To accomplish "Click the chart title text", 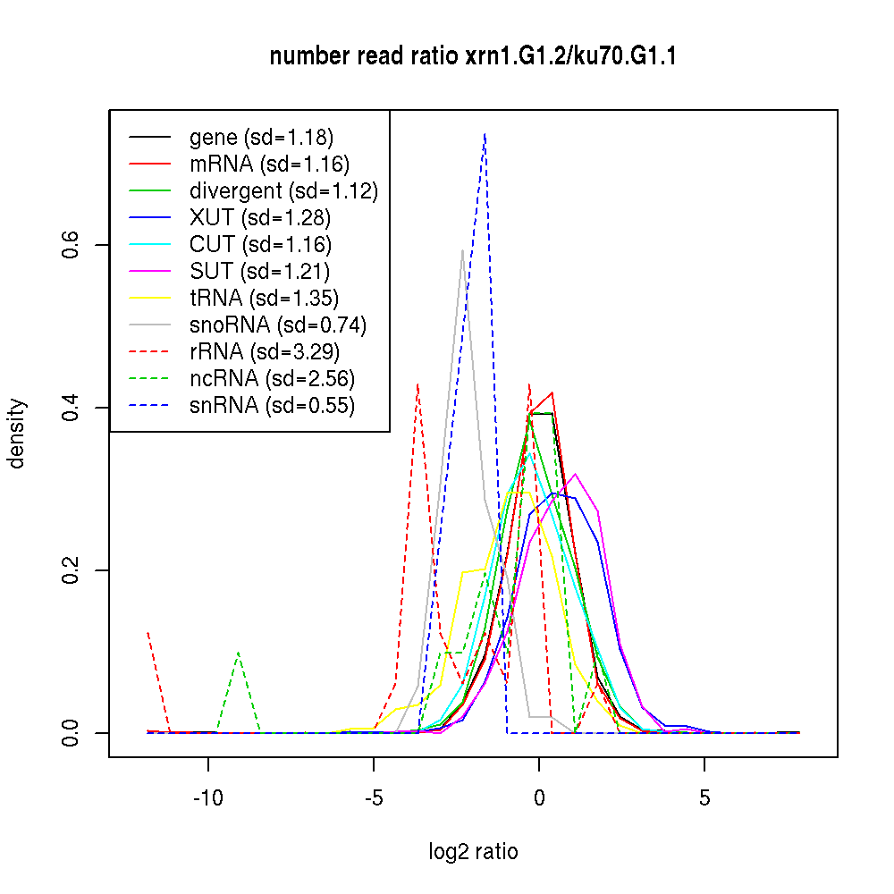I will [473, 56].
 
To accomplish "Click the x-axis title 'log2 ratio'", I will [473, 852].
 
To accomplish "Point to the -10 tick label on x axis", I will [208, 797].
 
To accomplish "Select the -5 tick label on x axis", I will [374, 797].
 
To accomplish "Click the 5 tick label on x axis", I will [704, 797].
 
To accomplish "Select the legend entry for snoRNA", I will [278, 325].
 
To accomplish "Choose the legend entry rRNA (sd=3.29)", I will [264, 351].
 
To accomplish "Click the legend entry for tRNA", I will [264, 298].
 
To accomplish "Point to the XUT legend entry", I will [260, 217].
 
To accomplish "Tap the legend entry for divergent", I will [283, 190].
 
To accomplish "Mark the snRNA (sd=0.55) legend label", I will [272, 405].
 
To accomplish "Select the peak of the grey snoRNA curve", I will [462, 250].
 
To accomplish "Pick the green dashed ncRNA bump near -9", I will [239, 653].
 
